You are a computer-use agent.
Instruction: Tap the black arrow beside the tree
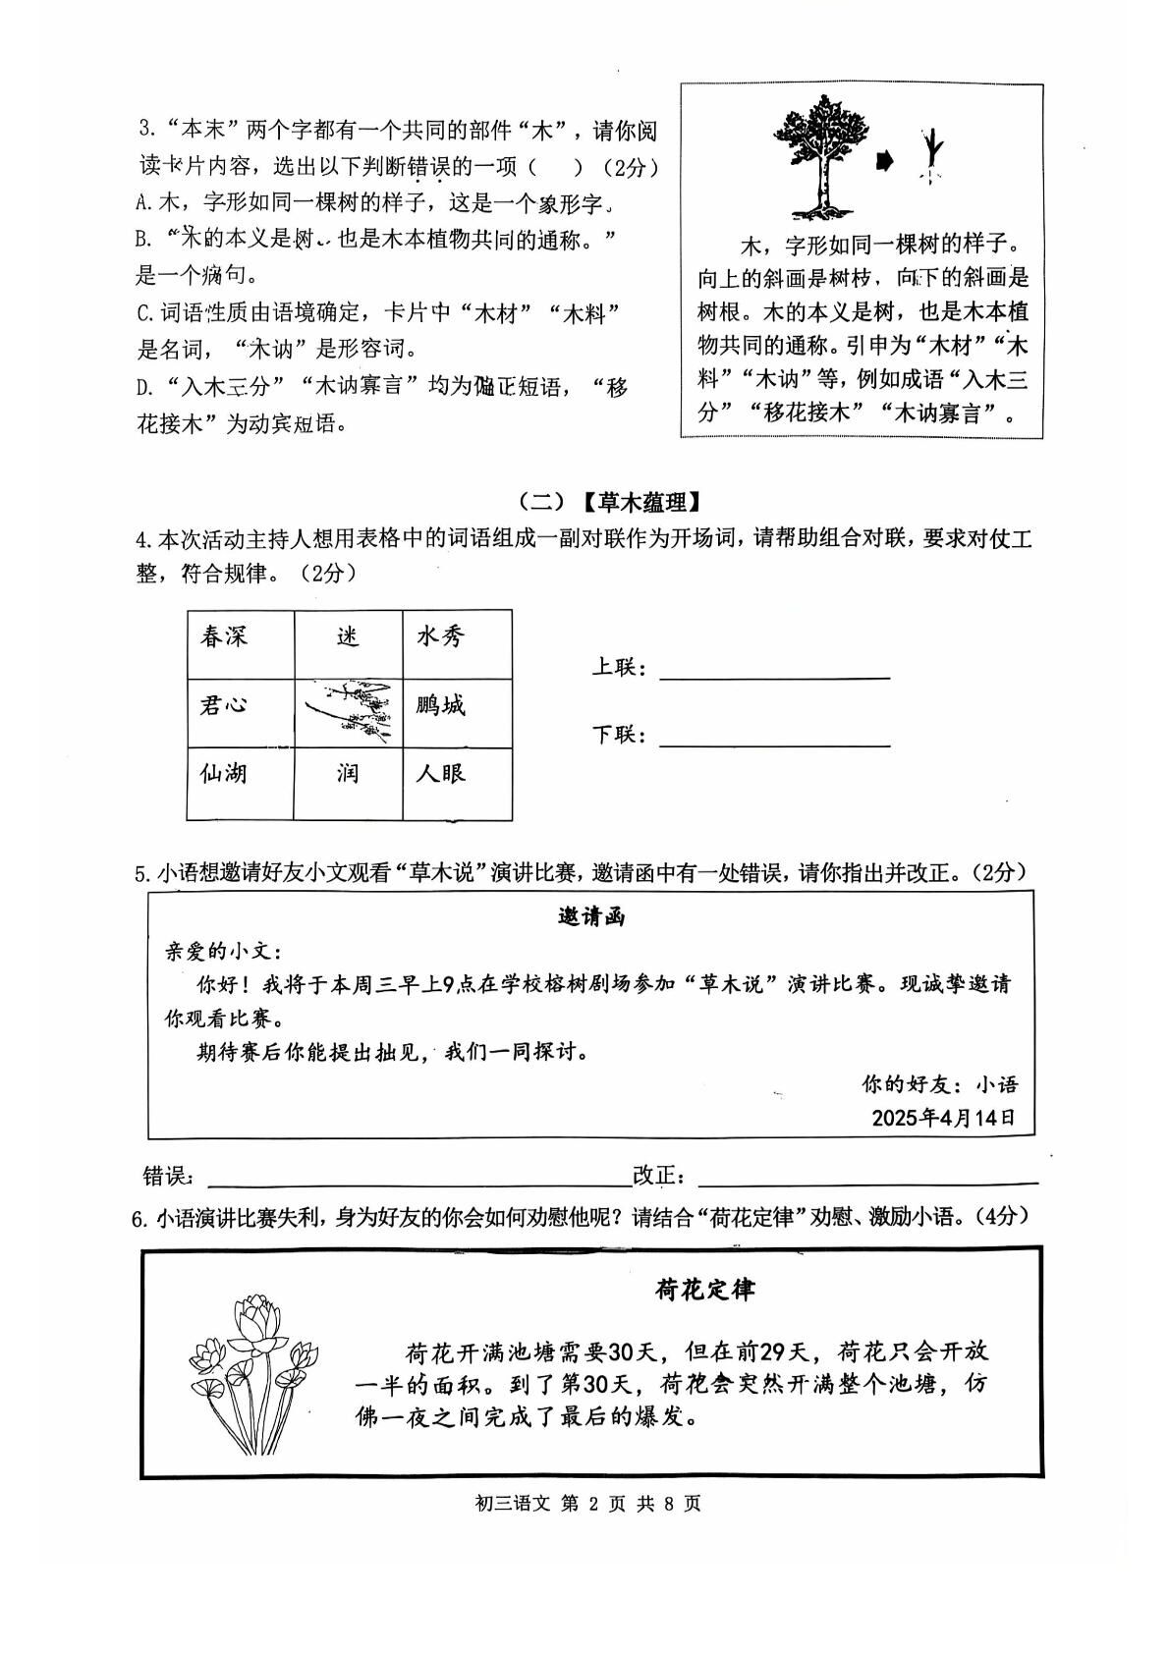point(886,159)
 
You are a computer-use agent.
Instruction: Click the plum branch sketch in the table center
point(349,711)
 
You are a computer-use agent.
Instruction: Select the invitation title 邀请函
point(591,917)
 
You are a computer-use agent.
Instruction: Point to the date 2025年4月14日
point(943,1118)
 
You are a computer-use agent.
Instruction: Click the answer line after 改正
point(866,1179)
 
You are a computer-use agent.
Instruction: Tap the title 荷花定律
point(705,1290)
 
